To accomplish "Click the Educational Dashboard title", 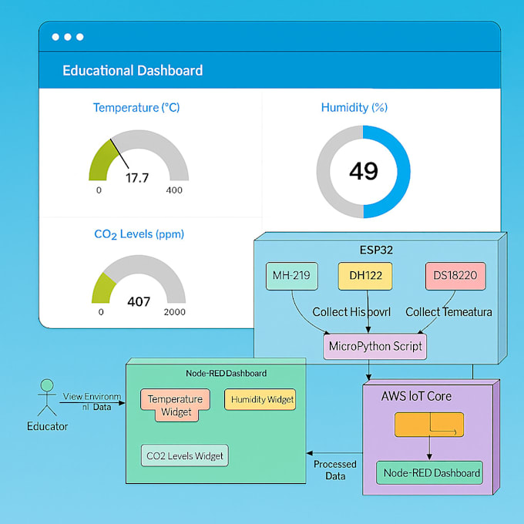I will point(133,71).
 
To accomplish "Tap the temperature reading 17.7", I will point(137,178).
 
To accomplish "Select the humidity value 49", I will point(364,171).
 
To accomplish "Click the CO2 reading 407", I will point(139,301).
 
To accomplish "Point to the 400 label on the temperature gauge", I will point(174,190).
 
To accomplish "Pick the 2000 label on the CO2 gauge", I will point(175,312).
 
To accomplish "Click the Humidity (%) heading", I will point(354,108).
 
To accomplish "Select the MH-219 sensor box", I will point(291,276).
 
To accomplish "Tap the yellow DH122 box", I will point(364,276).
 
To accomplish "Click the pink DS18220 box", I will point(455,276).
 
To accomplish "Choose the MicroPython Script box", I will point(375,346).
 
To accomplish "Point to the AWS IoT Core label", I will point(416,397).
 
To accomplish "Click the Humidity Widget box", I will point(263,399).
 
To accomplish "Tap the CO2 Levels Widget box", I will point(185,456).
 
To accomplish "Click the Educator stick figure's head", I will point(47,385).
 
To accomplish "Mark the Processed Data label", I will point(334,470).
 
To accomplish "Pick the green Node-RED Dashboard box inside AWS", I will point(429,473).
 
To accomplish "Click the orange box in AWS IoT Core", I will point(429,425).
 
